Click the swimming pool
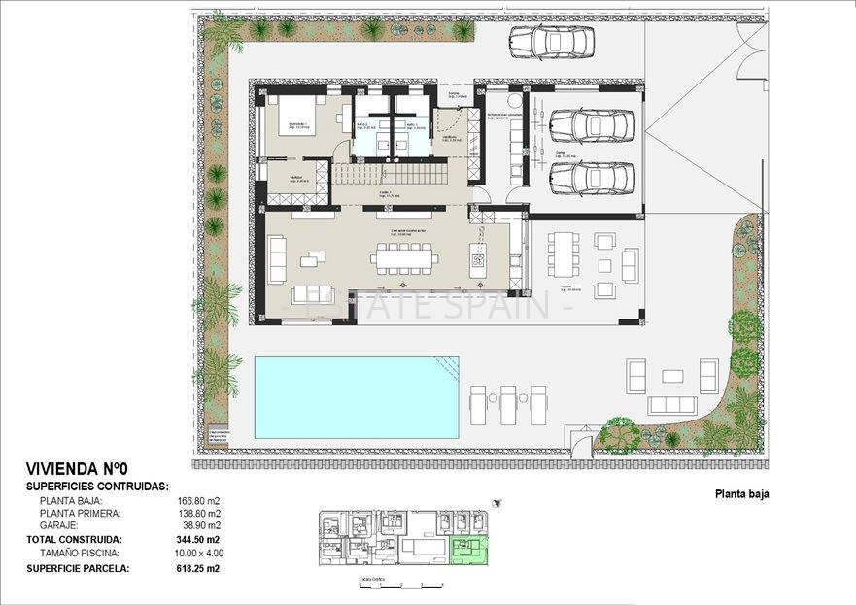pyautogui.click(x=357, y=397)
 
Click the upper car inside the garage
pyautogui.click(x=592, y=125)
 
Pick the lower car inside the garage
pyautogui.click(x=592, y=178)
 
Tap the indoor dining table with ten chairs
pyautogui.click(x=406, y=258)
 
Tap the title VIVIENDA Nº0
pyautogui.click(x=85, y=468)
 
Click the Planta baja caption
pyautogui.click(x=742, y=494)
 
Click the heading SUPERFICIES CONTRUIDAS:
pyautogui.click(x=97, y=487)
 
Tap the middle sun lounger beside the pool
pyautogui.click(x=508, y=403)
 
